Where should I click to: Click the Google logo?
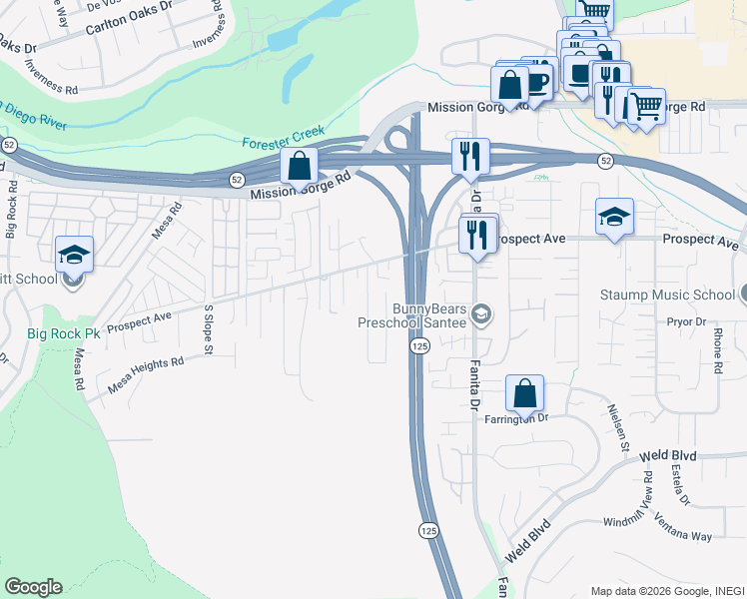(33, 587)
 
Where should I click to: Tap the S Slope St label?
(209, 330)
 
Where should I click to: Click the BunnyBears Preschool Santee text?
(414, 314)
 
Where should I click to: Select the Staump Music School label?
(667, 295)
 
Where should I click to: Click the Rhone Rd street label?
(718, 354)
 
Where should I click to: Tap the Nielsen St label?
(616, 426)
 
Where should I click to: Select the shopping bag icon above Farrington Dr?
(524, 394)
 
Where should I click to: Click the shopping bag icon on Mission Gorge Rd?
(300, 167)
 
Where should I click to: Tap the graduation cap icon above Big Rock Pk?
(74, 256)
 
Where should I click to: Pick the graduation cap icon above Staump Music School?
(614, 217)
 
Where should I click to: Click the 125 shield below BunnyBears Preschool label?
(417, 344)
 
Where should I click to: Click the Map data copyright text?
(665, 590)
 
